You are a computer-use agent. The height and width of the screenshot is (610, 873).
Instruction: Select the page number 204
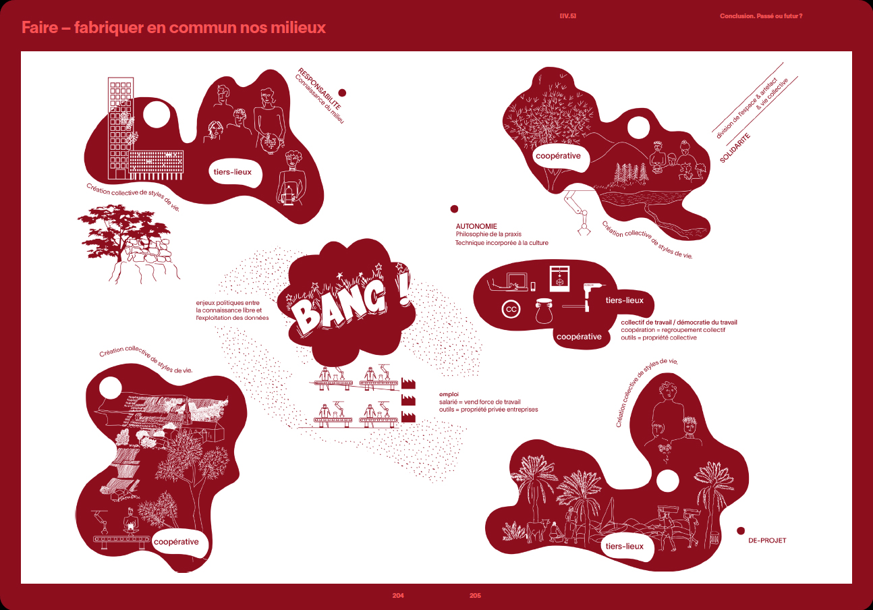(x=398, y=596)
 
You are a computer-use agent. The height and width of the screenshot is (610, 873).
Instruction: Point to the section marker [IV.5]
(x=568, y=16)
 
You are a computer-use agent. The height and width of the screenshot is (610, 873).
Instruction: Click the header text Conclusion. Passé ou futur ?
(x=761, y=16)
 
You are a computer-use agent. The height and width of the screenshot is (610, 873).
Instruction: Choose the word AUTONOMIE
(x=476, y=226)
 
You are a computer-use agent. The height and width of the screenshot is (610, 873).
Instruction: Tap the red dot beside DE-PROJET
(x=741, y=531)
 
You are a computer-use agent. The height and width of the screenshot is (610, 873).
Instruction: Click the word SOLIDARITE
(x=735, y=148)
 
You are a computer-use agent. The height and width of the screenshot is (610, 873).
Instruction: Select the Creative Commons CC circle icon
(x=511, y=310)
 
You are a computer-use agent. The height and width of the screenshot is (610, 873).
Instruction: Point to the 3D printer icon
(x=559, y=278)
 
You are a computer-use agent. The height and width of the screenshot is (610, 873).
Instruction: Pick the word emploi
(x=449, y=394)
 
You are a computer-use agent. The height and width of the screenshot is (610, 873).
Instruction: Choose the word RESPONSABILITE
(x=319, y=88)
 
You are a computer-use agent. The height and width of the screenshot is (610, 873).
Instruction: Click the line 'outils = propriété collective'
(x=658, y=337)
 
